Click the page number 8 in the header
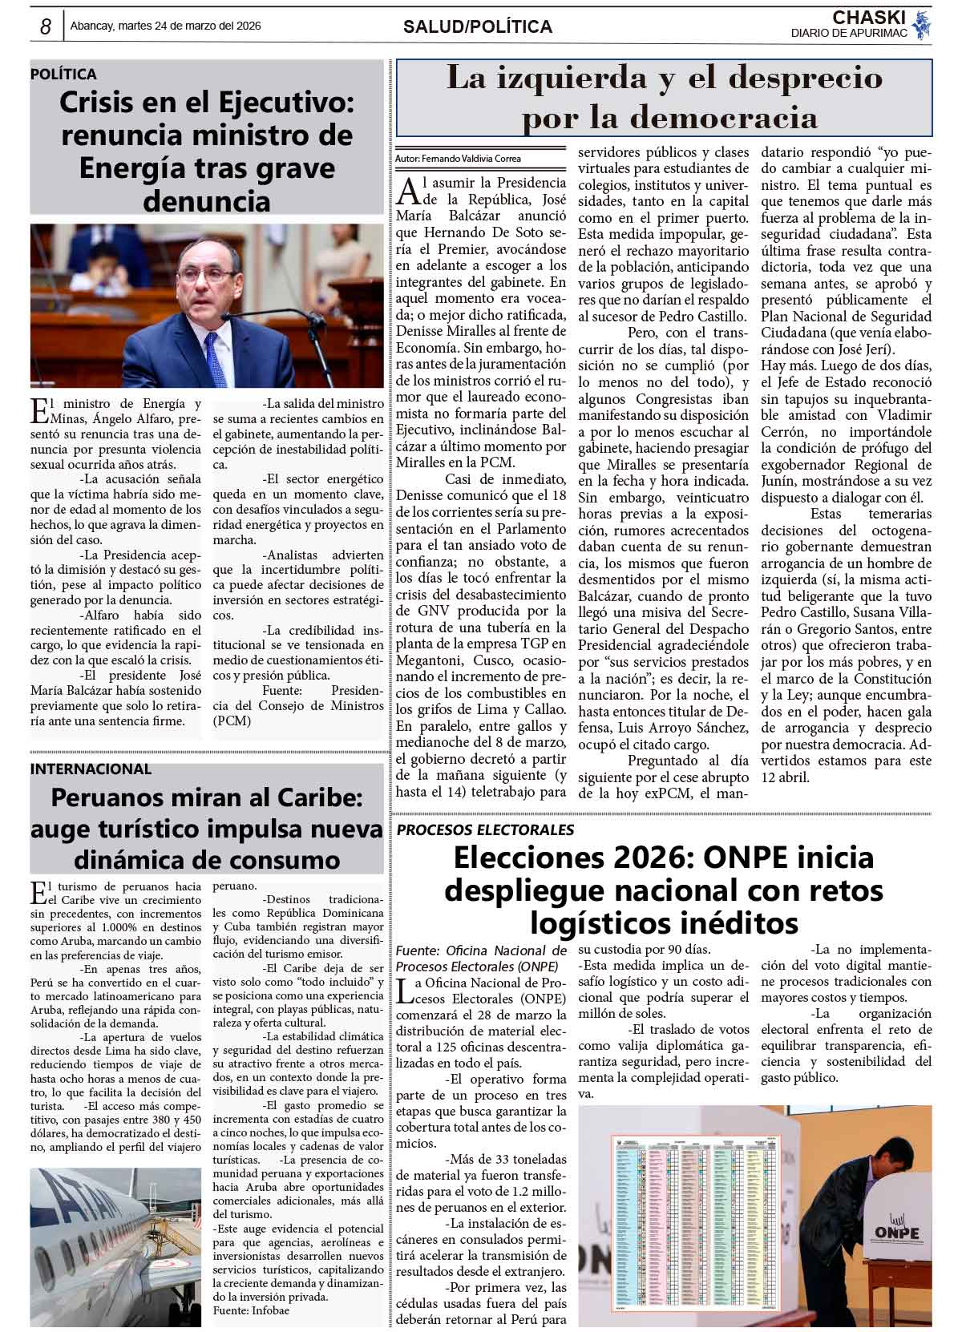46,27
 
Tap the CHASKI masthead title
869,18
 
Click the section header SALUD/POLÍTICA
478,27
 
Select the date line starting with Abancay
166,26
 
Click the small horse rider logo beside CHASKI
922,25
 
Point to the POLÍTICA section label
63,75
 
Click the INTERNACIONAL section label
91,769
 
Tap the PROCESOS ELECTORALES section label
485,829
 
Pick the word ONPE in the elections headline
746,858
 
